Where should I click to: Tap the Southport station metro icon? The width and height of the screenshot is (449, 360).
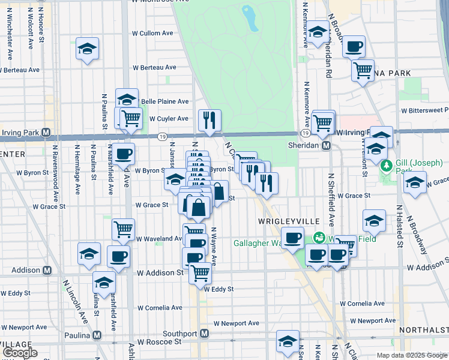click(205, 334)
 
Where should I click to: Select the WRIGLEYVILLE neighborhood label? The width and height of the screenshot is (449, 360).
click(289, 221)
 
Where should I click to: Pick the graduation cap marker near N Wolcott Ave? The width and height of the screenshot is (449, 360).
click(88, 49)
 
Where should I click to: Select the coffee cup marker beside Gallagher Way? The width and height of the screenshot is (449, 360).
click(293, 238)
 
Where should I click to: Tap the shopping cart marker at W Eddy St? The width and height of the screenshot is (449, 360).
click(200, 272)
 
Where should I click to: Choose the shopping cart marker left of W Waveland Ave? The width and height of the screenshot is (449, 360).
click(123, 229)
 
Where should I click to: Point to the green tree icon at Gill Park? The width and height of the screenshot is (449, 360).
click(387, 164)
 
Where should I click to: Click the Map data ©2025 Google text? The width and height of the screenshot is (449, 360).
click(411, 355)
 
